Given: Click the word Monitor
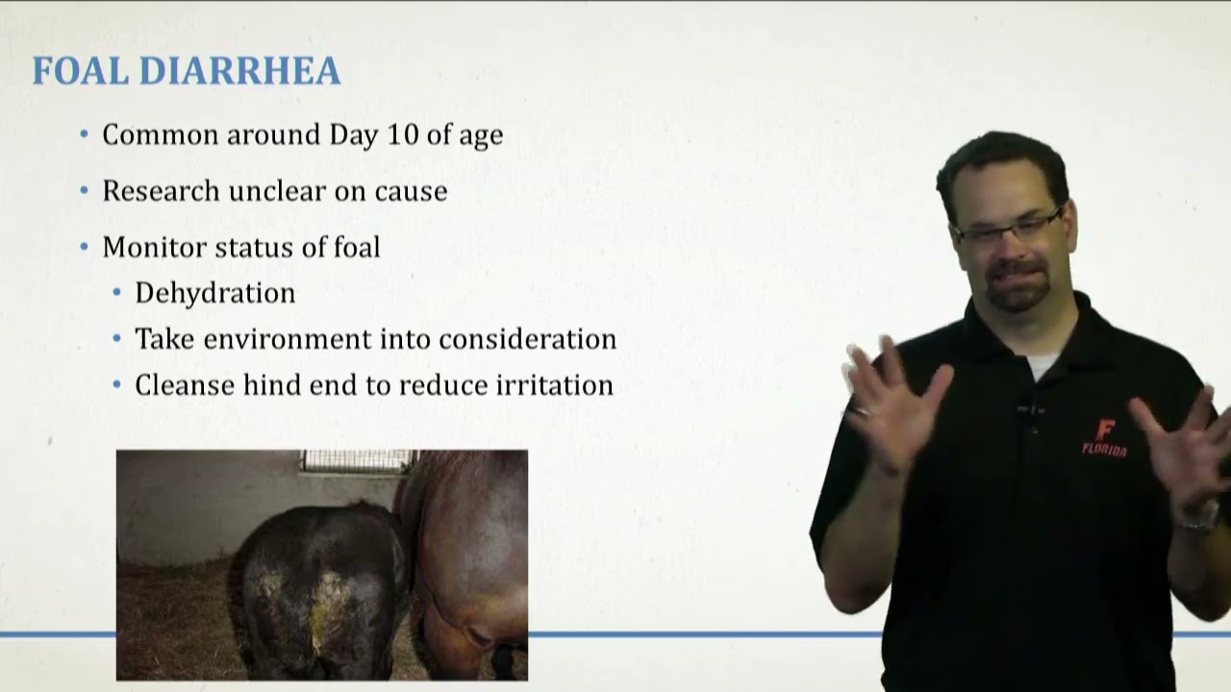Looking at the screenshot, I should click(154, 247).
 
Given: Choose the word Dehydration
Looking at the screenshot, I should click(214, 293).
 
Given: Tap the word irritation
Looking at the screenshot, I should click(554, 385).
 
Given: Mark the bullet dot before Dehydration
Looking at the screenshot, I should click(117, 293).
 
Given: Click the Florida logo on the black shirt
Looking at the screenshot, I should click(1104, 437).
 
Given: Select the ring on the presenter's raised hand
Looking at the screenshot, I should click(863, 411).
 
